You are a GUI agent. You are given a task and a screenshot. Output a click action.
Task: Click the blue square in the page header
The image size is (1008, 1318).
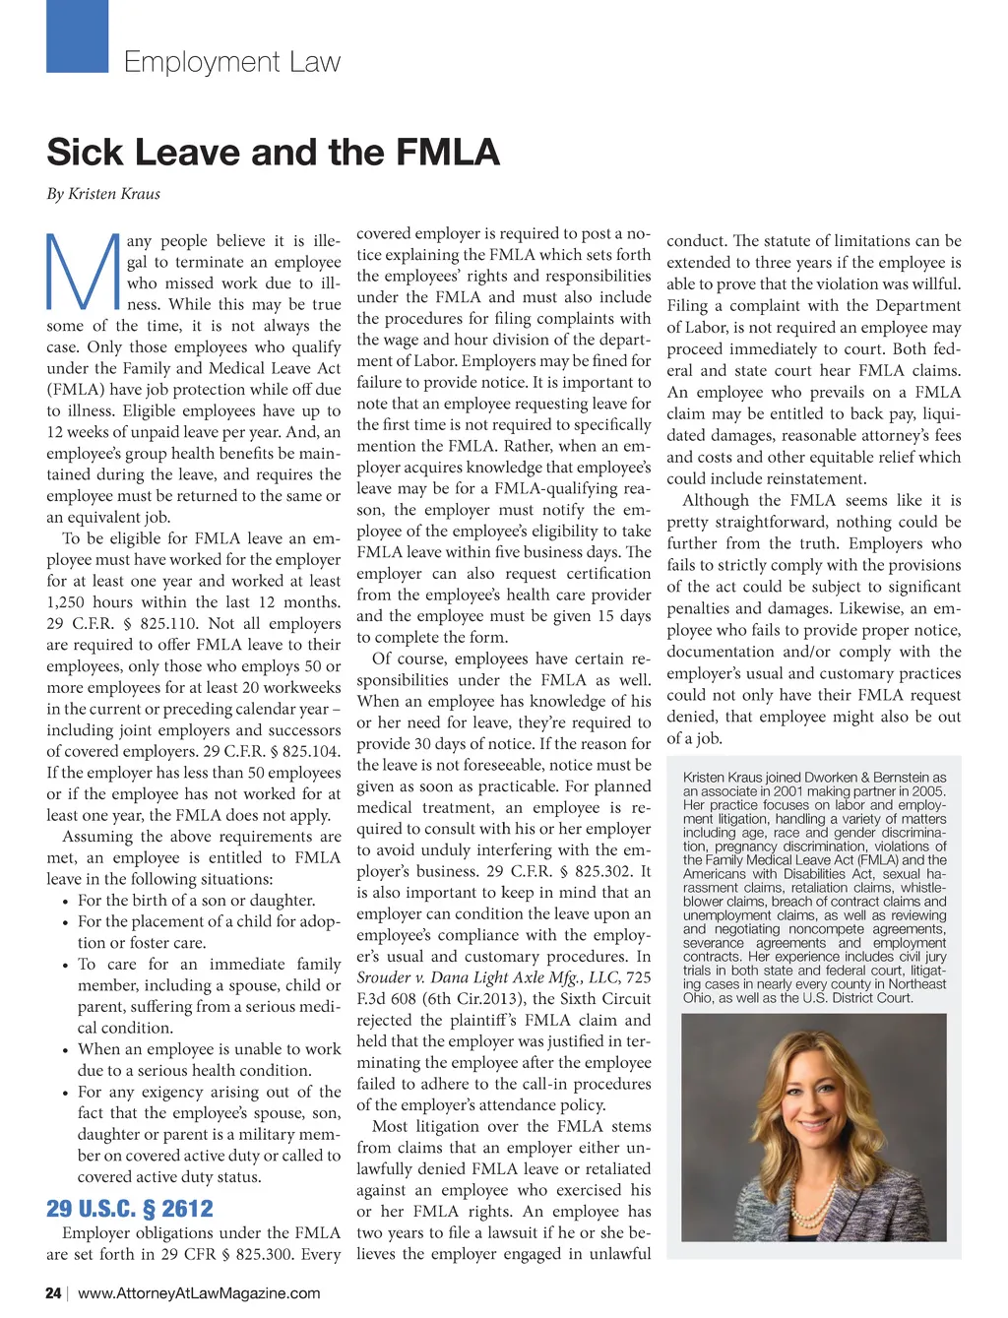tap(77, 36)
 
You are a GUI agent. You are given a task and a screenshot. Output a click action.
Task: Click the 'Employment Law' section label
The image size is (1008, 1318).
tap(232, 62)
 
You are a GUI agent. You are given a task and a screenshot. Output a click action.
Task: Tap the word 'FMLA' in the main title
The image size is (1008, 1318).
tap(448, 153)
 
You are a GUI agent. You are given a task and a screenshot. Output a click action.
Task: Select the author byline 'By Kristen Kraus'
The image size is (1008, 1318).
tap(103, 194)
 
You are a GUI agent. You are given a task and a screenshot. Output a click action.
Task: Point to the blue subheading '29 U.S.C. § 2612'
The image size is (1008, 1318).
tap(130, 1209)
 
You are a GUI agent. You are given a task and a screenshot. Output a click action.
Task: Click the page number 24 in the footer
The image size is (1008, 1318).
tap(53, 1293)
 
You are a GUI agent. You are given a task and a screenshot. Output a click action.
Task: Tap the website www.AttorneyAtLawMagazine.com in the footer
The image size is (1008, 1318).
tap(199, 1293)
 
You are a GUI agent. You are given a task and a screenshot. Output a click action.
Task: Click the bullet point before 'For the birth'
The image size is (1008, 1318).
tap(64, 902)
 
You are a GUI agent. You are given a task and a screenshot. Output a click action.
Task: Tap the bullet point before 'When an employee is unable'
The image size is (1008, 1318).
tap(64, 1050)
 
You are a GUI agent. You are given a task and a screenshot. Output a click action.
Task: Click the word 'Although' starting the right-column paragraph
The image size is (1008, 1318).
tap(716, 501)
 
